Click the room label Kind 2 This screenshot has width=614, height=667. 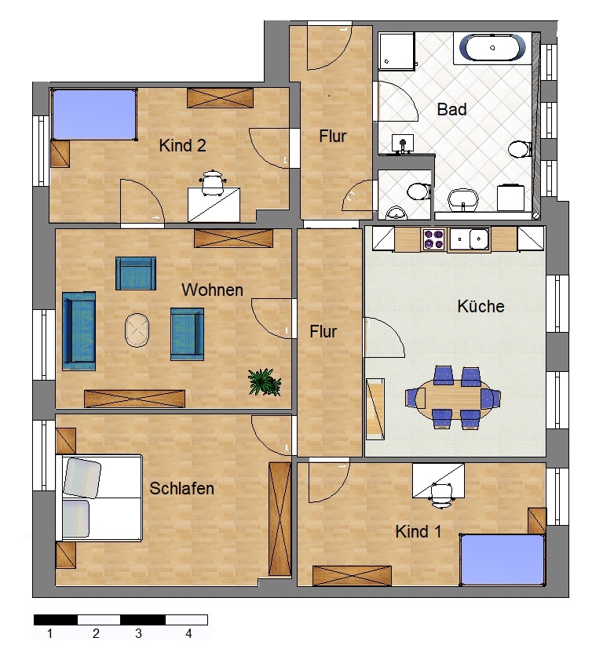182,145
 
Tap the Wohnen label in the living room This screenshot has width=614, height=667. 212,290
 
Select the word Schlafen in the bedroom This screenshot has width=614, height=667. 181,488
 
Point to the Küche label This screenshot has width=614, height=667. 481,306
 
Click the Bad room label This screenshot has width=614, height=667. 452,109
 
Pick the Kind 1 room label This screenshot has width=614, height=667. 418,531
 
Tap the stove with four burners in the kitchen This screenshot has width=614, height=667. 433,239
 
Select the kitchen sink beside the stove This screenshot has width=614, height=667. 470,239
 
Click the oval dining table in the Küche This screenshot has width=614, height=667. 453,398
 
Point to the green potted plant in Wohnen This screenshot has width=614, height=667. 265,382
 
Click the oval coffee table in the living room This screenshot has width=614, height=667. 137,330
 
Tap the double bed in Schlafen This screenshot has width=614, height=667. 99,498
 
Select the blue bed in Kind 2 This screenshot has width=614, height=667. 93,114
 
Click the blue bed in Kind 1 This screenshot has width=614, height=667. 502,559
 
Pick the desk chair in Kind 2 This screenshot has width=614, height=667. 211,183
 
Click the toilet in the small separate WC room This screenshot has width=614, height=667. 418,191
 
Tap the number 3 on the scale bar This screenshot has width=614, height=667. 138,633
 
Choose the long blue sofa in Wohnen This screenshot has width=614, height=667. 79,330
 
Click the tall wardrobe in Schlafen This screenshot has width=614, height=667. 280,519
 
